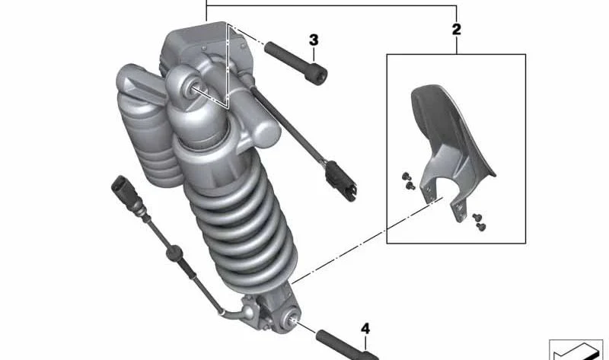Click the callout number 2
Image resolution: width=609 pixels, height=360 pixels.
click(x=456, y=30)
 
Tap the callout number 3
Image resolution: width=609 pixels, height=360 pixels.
click(x=314, y=40)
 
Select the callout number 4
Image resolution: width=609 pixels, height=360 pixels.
click(x=365, y=329)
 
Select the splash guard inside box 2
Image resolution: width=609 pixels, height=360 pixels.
click(x=451, y=148)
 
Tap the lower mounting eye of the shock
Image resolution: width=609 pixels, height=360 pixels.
click(x=291, y=320)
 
